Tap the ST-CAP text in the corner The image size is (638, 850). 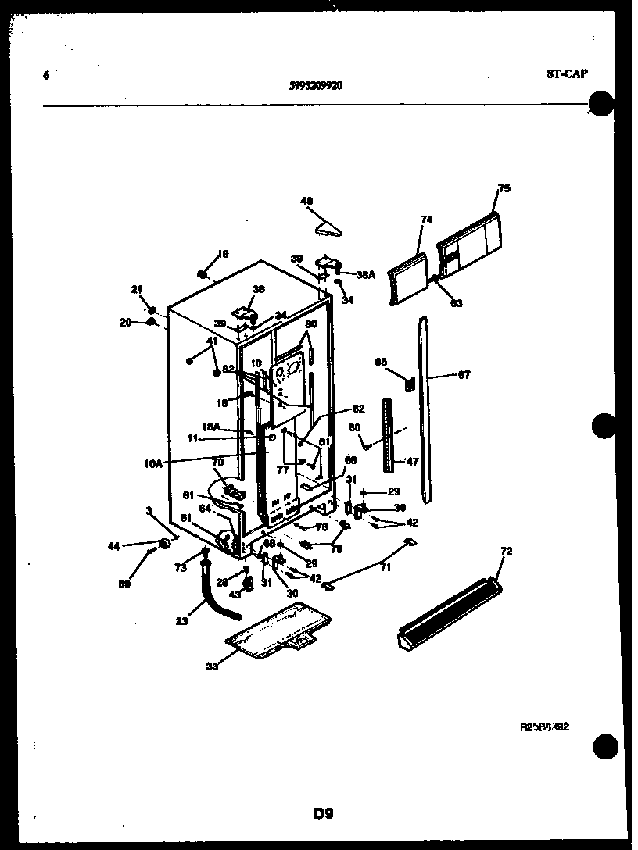coord(566,74)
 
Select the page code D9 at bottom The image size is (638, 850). coord(323,813)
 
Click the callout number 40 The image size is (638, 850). coord(306,201)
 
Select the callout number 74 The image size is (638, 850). coord(425,220)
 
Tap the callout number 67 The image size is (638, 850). coord(464,375)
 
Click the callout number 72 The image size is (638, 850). coord(505,552)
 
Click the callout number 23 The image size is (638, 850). coord(181,622)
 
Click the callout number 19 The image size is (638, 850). coord(223,254)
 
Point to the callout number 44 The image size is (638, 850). coord(113,547)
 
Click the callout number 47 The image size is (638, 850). coord(411,461)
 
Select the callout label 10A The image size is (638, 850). coord(152,463)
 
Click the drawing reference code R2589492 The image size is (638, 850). coord(543,726)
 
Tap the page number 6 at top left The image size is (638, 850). coord(46,76)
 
